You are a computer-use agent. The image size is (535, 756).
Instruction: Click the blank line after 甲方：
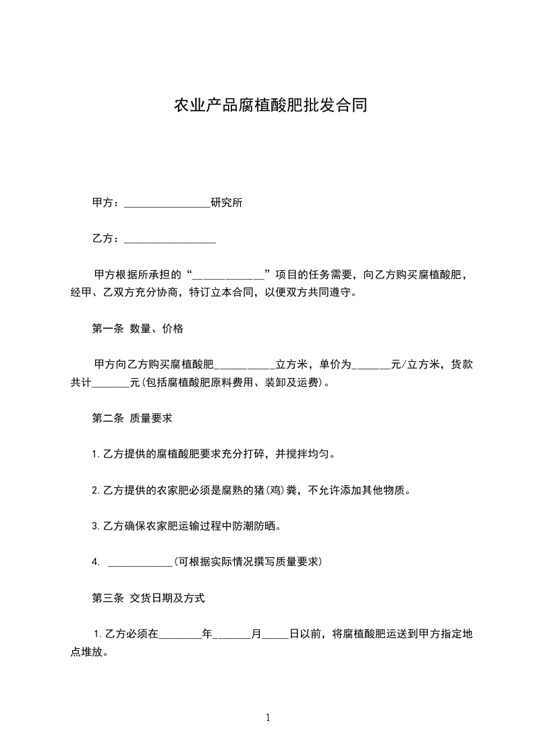click(x=167, y=204)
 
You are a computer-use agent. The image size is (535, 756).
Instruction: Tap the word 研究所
click(x=227, y=202)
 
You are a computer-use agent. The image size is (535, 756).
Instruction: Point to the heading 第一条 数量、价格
click(x=138, y=329)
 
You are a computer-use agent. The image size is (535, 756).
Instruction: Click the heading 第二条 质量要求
click(x=132, y=418)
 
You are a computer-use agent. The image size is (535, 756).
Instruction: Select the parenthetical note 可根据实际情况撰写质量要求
click(x=248, y=561)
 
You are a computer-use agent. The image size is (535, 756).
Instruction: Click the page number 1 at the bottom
click(x=268, y=718)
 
